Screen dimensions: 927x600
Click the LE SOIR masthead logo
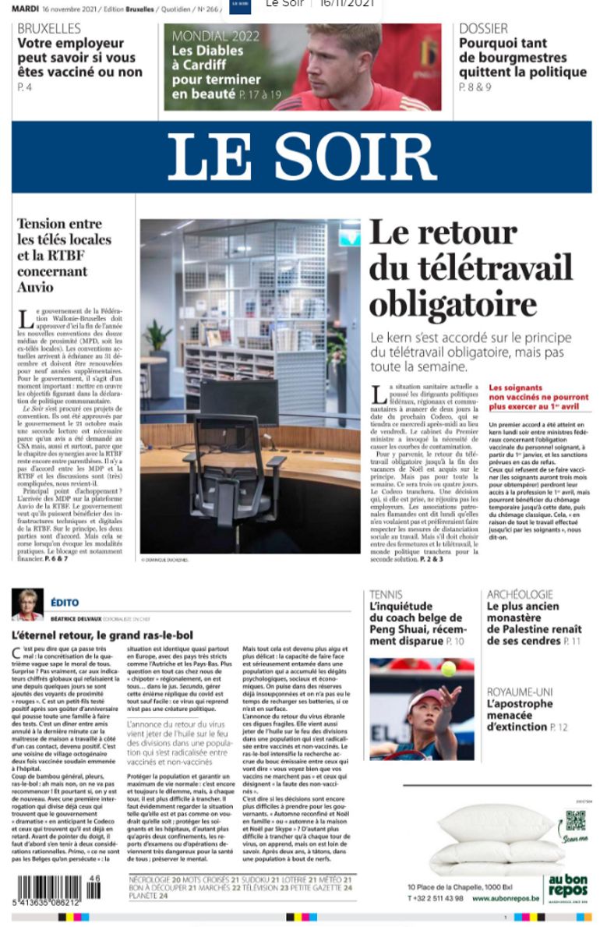click(301, 157)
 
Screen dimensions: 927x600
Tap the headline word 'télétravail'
click(470, 267)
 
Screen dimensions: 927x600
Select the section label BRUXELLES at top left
click(48, 29)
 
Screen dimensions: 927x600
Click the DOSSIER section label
click(483, 29)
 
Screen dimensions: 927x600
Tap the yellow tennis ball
click(448, 668)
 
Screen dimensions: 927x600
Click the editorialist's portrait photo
click(27, 605)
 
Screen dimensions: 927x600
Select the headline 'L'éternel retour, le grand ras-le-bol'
click(102, 635)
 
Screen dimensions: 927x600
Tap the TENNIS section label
click(386, 595)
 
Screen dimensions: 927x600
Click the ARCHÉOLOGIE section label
click(520, 595)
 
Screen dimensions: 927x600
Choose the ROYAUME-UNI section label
click(520, 692)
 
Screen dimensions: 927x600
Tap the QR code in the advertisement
click(575, 822)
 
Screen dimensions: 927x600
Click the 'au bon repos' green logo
click(567, 886)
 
